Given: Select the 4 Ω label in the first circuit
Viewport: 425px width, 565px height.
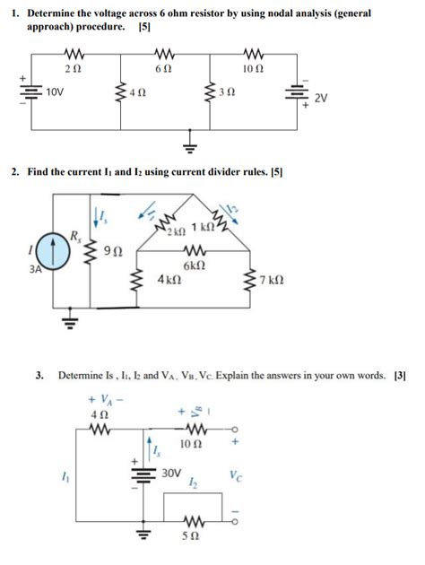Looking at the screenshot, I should (x=136, y=93).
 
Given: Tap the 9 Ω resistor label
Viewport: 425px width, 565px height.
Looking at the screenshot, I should (x=114, y=250).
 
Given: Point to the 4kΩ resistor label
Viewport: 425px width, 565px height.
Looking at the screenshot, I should (x=169, y=280).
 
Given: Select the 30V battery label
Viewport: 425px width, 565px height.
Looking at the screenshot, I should (x=171, y=472).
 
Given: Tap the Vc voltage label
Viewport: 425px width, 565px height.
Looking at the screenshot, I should (x=235, y=474).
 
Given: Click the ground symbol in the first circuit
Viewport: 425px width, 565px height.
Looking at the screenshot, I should (x=189, y=143).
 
